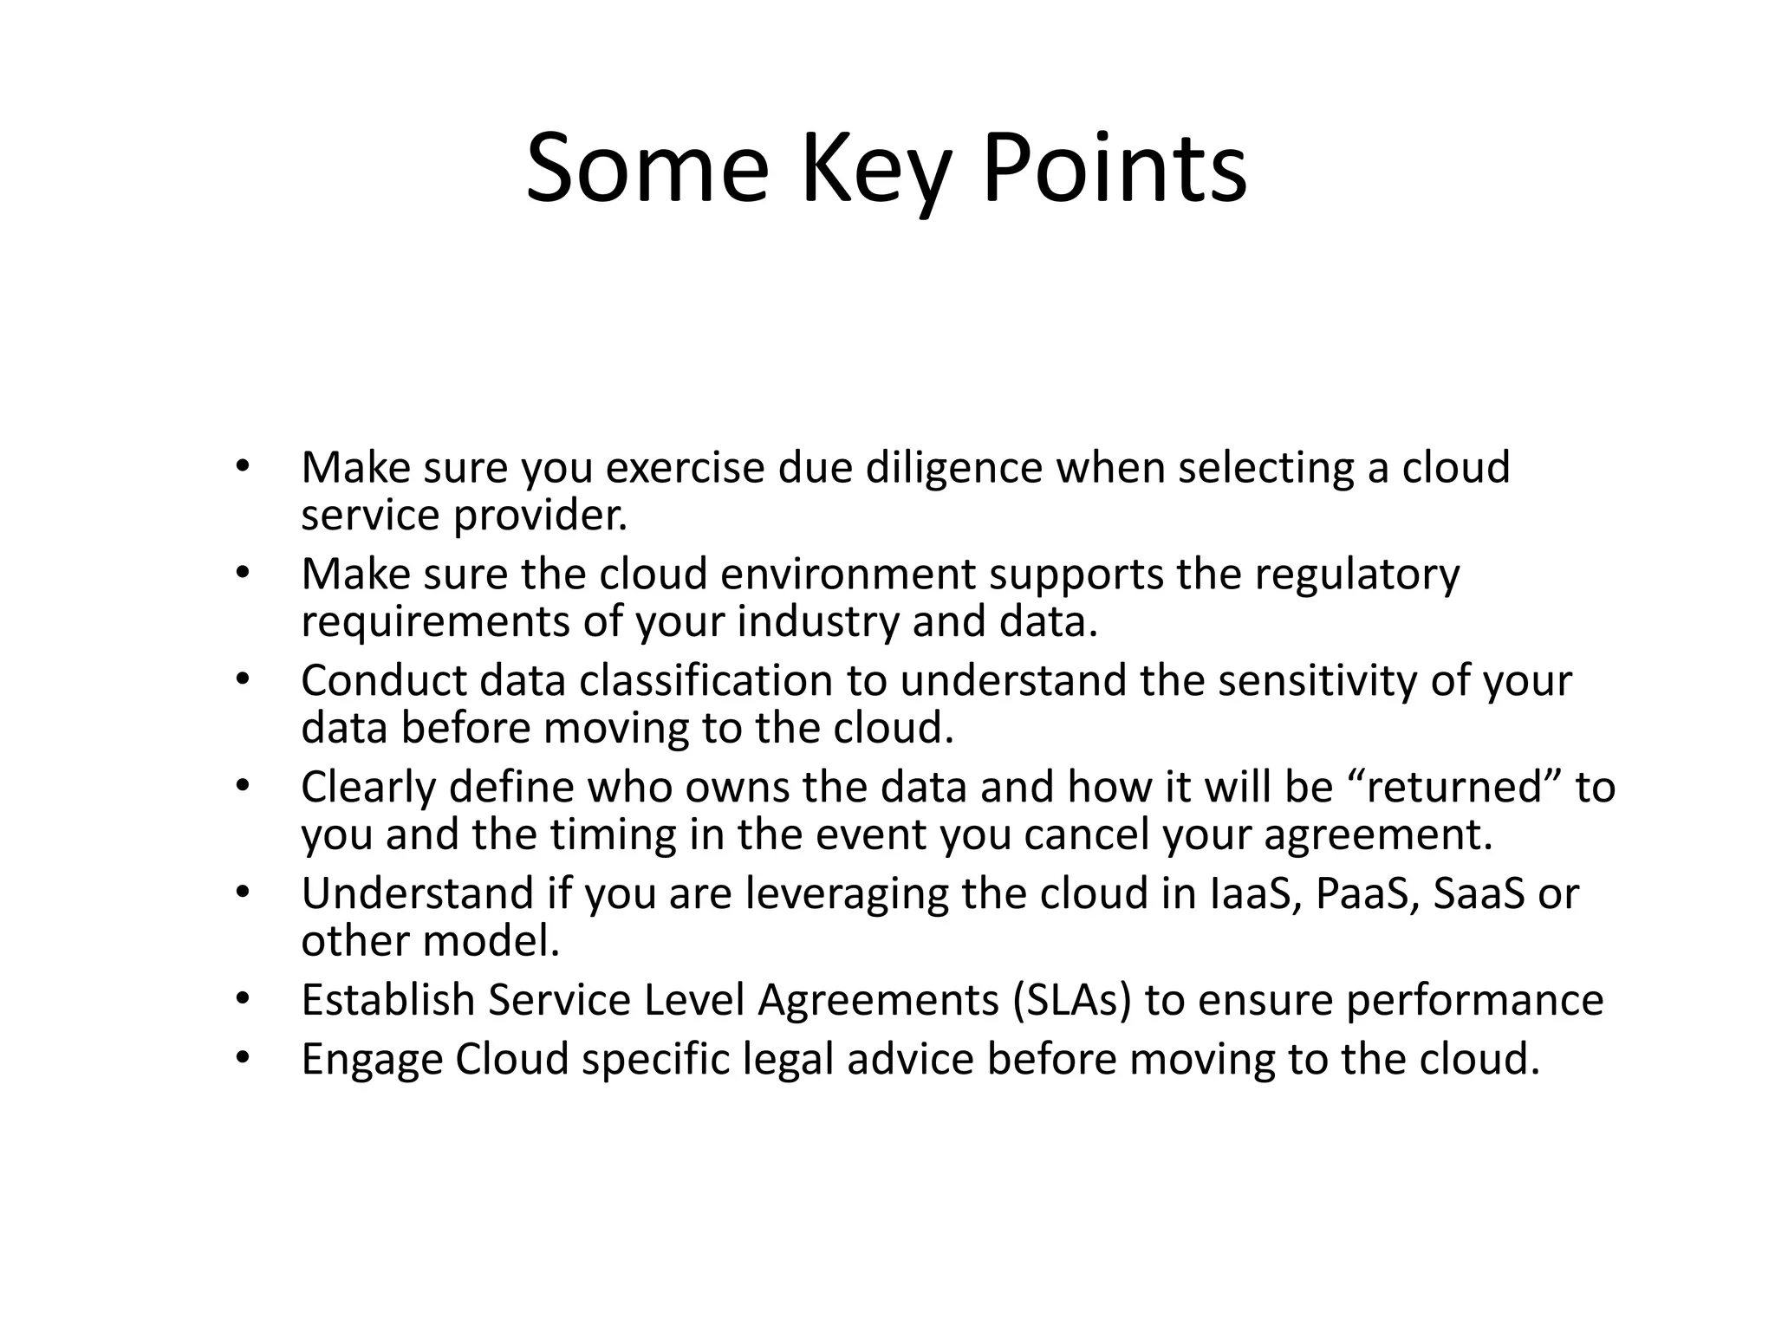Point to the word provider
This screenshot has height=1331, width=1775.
[540, 516]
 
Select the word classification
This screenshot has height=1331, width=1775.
[705, 681]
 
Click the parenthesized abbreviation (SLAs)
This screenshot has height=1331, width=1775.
[1071, 1001]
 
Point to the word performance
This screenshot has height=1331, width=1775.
[1474, 1001]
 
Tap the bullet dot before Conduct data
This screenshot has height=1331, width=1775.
[242, 680]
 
